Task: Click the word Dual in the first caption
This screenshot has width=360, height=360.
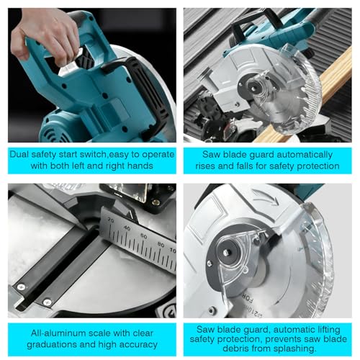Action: pos(19,154)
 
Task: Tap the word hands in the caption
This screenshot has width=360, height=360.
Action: pos(140,166)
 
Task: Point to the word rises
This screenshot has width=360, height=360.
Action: pos(205,166)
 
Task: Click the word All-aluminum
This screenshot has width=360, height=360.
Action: pos(58,333)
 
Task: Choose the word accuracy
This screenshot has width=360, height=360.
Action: pos(138,345)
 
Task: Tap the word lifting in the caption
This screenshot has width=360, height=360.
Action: pos(326,330)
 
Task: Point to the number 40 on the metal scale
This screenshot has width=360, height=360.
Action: pos(127,228)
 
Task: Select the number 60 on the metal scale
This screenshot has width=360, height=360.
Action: pos(143,236)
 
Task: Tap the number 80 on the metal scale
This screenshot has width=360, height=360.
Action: pos(161,244)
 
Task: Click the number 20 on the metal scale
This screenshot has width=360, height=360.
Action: pos(111,220)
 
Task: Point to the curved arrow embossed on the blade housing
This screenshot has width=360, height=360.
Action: pos(264,197)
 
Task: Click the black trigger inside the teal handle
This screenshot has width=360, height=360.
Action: pos(84,57)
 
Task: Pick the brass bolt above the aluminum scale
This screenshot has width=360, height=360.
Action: pos(156,202)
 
